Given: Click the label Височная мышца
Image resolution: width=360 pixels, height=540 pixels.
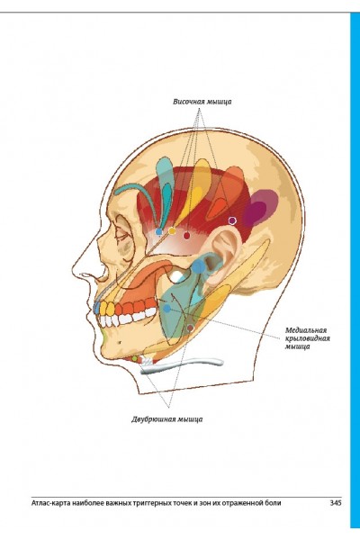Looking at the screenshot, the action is coord(202,102).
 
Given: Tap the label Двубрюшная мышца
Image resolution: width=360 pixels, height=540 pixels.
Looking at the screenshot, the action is coord(167,419).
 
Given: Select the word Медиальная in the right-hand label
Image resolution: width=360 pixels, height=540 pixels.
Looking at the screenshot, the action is coord(306,330).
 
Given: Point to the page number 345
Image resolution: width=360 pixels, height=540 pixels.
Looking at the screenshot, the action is coord(336,502).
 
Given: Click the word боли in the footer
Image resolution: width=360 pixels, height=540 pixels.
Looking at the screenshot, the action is coord(274,503).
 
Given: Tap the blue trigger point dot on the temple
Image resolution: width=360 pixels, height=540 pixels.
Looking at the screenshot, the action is coord(158,232).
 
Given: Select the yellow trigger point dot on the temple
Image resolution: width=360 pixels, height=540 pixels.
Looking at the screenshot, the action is coord(172,230).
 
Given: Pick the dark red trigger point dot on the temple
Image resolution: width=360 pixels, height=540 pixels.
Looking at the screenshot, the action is coord(186,236).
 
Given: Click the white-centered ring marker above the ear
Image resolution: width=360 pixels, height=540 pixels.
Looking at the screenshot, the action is coord(232,220).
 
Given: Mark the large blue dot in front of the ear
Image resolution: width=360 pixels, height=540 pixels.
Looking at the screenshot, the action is coord(198,266).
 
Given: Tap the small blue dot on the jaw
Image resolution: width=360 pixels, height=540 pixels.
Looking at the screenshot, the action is coord(167,309).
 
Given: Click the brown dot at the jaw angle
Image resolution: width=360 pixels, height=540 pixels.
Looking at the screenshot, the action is coord(191,328).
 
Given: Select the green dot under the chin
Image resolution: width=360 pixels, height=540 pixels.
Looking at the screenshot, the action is coord(135,359).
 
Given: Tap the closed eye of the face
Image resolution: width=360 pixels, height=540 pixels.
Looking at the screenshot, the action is coord(121,236).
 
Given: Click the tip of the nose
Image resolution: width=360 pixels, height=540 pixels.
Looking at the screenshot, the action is coord(81,274).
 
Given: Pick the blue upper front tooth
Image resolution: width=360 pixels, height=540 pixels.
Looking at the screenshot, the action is coord(97,307).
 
